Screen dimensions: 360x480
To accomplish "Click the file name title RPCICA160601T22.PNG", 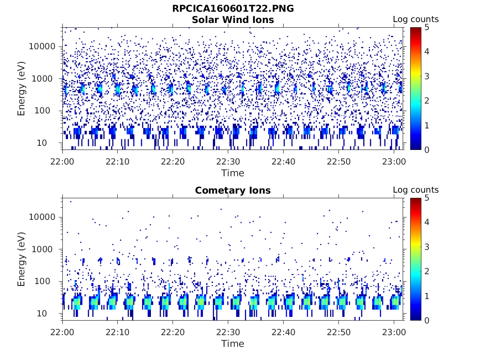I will click(x=233, y=8).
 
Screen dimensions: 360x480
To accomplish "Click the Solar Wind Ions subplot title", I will click(x=233, y=20).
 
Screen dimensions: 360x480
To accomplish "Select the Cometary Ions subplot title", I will click(x=233, y=190).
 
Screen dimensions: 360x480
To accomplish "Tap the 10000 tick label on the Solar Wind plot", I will click(x=43, y=46).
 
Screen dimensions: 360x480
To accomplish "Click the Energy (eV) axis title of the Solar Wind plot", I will click(x=22, y=89).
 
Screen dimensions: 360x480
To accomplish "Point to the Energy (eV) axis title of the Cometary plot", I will click(x=22, y=259).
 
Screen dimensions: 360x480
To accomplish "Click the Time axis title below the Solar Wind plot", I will click(x=233, y=173).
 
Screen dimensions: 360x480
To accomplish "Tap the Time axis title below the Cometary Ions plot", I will click(x=233, y=344).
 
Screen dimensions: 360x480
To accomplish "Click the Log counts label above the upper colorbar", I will click(x=416, y=19).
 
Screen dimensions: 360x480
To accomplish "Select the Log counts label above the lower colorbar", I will click(x=416, y=190).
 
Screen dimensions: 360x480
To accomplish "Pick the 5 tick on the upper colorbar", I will click(x=427, y=27).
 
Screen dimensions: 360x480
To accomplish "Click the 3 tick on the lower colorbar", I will click(x=427, y=247).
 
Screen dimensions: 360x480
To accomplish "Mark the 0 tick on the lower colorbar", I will click(x=427, y=320).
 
